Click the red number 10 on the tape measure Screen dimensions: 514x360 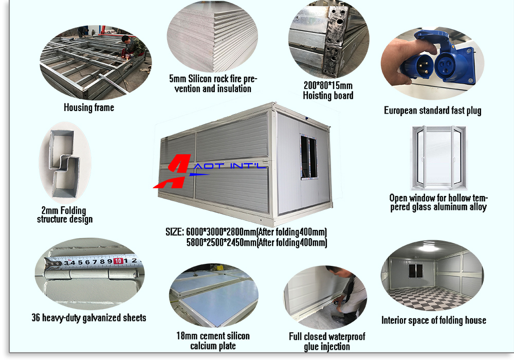[118, 261]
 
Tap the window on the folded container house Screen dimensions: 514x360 [309, 157]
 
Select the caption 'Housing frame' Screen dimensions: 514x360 [89, 107]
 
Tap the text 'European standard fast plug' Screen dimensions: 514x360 [433, 111]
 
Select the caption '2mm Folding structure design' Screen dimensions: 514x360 [65, 215]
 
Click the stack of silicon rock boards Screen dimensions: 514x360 [212, 37]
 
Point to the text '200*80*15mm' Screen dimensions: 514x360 [328, 85]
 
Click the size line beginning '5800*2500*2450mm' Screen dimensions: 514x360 [256, 242]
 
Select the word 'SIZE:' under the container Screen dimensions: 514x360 [174, 232]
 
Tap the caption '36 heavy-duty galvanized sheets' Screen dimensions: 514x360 [89, 317]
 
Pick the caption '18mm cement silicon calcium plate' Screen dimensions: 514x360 [213, 340]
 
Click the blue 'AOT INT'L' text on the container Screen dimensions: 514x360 [229, 166]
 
